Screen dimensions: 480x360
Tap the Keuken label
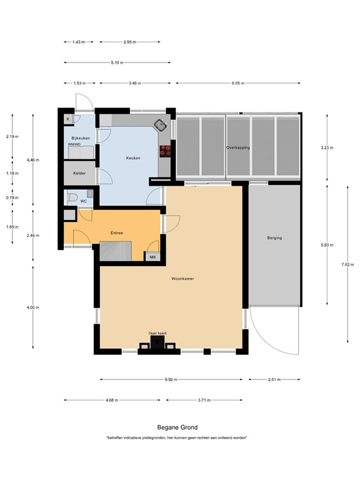(132, 158)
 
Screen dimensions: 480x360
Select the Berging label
(274, 238)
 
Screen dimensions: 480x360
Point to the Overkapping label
(238, 147)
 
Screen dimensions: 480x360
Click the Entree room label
(116, 232)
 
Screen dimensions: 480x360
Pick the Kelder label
(79, 173)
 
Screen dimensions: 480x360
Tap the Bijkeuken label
(81, 137)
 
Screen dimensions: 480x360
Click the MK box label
(152, 256)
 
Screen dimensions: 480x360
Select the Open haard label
(157, 334)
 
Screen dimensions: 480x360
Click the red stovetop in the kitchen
(166, 150)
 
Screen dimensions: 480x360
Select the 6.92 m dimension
(172, 379)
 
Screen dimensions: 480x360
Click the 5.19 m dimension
(116, 62)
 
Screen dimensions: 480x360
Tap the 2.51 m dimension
(274, 379)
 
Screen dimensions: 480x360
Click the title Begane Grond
(177, 427)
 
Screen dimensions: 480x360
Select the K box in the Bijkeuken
(68, 119)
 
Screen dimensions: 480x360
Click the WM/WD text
(75, 144)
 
